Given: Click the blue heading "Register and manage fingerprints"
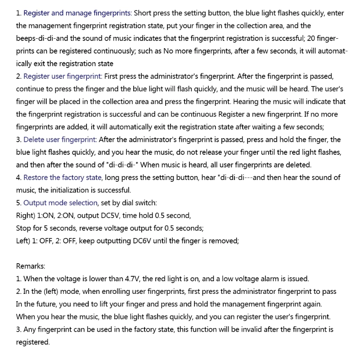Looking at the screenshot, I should click(77, 13).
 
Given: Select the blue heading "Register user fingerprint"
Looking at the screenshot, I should click(63, 76).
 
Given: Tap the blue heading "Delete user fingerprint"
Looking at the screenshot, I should click(60, 139).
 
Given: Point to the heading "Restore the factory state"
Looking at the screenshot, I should click(63, 177).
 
